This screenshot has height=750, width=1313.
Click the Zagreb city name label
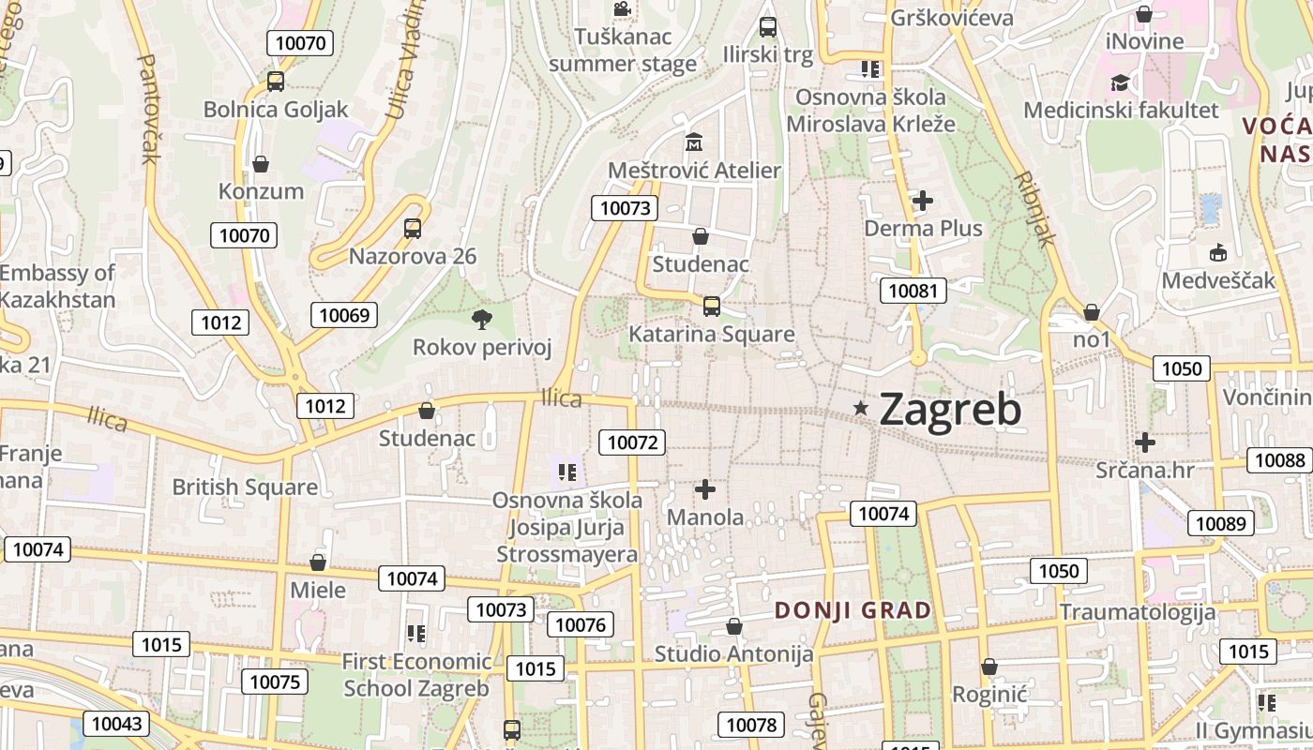(x=950, y=410)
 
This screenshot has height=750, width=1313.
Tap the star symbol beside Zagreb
(x=861, y=408)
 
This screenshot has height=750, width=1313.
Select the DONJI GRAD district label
(x=853, y=610)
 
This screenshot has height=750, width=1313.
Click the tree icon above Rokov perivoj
(x=482, y=320)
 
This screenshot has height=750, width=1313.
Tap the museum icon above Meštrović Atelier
(x=694, y=142)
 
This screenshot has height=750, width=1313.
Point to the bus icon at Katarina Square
(x=712, y=306)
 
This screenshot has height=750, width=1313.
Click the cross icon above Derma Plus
(x=923, y=200)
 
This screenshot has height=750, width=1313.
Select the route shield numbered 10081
(x=913, y=291)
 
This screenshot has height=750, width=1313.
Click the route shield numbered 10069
(x=344, y=315)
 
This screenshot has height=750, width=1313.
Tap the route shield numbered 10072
(x=634, y=442)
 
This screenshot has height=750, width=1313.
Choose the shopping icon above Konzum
(x=261, y=164)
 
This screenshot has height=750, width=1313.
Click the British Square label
(x=245, y=487)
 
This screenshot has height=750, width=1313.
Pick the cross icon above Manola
(x=705, y=489)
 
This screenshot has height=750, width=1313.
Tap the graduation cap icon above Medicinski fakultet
(x=1120, y=83)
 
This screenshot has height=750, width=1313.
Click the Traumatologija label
(x=1137, y=612)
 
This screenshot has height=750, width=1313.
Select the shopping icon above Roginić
(x=989, y=667)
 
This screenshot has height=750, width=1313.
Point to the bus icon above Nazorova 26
(x=413, y=228)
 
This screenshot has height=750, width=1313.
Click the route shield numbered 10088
(x=1279, y=460)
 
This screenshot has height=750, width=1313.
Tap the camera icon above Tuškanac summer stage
(x=622, y=9)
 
